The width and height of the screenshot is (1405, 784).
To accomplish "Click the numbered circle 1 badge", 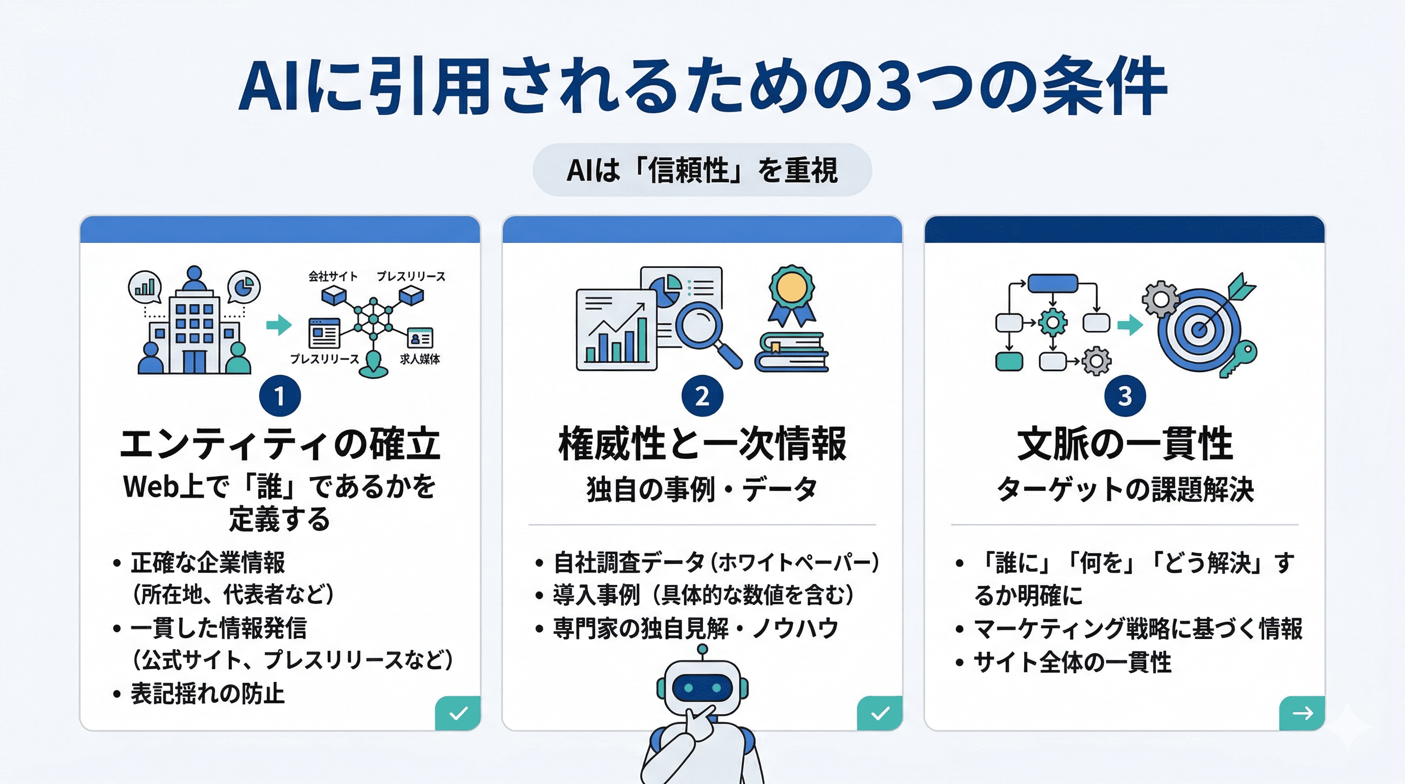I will coord(280,396).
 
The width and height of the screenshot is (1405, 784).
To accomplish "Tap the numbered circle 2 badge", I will coord(702,396).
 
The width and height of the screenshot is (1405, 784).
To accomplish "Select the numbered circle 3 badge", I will coord(1125,396).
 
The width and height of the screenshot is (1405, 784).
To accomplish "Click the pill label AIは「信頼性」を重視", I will coord(702,170).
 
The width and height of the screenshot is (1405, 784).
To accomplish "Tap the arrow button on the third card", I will coord(1302,713).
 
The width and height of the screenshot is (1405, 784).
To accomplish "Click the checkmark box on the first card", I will coord(457,713).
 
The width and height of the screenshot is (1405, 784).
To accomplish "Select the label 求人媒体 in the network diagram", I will coord(420,359).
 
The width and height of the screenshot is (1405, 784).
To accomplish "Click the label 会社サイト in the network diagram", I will coord(333,277).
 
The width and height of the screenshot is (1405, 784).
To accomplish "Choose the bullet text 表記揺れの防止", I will coord(207,694).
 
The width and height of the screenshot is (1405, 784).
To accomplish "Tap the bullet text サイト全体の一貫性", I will coord(1072,662).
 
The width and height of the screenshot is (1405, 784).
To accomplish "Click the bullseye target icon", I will coord(1199,329).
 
